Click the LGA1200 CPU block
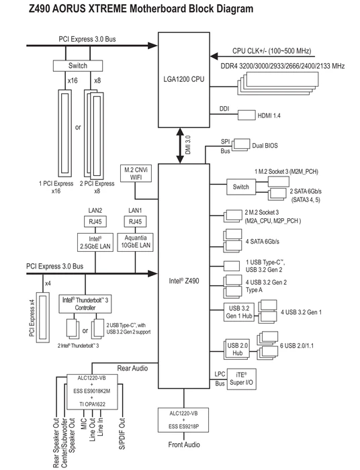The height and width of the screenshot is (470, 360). pyautogui.click(x=184, y=80)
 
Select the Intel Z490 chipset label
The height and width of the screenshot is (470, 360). pyautogui.click(x=184, y=281)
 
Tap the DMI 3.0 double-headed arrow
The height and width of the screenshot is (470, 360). pyautogui.click(x=180, y=146)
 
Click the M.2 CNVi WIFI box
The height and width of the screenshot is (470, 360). pyautogui.click(x=136, y=173)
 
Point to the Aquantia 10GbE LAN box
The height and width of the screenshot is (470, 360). pyautogui.click(x=136, y=242)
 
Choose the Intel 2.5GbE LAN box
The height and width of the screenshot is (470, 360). pyautogui.click(x=95, y=242)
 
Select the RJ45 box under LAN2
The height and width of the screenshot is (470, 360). pyautogui.click(x=95, y=222)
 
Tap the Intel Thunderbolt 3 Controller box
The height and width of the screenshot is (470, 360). pyautogui.click(x=85, y=303)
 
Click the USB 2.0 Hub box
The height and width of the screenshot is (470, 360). pyautogui.click(x=237, y=350)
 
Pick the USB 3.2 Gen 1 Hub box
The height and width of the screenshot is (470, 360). pyautogui.click(x=239, y=312)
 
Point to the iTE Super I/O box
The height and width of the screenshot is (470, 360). pyautogui.click(x=241, y=379)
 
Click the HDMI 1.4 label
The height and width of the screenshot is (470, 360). pyautogui.click(x=269, y=115)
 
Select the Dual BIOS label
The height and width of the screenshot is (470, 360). pyautogui.click(x=265, y=146)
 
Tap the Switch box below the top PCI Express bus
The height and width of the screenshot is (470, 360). pyautogui.click(x=78, y=66)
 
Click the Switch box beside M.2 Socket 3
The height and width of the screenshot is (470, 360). pyautogui.click(x=241, y=187)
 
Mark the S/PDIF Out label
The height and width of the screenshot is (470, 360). pyautogui.click(x=122, y=434)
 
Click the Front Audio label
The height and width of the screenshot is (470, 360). pyautogui.click(x=184, y=444)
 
